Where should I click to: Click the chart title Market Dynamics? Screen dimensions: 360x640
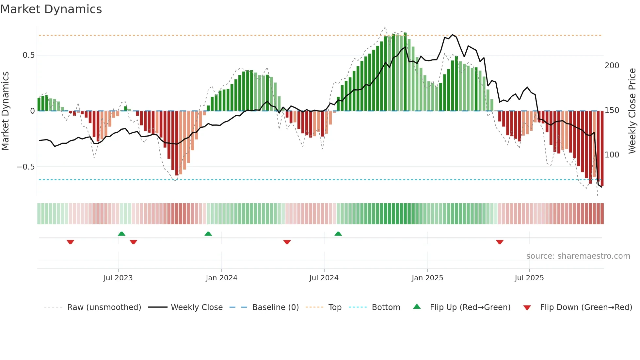click(x=51, y=9)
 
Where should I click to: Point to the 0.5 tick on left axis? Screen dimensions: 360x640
click(x=29, y=55)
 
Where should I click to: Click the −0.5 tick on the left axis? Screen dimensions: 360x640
click(x=26, y=167)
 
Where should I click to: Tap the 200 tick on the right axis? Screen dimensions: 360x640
click(x=612, y=66)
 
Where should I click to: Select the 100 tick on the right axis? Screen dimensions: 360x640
click(x=612, y=155)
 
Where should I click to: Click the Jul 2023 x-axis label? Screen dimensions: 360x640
click(x=118, y=278)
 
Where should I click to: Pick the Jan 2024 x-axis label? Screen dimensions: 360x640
click(x=221, y=278)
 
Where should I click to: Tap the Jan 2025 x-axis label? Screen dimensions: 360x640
click(x=427, y=278)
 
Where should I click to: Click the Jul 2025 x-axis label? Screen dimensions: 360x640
click(x=529, y=278)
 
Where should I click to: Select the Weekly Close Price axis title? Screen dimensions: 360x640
click(x=632, y=111)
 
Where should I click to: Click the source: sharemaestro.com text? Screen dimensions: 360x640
click(x=578, y=256)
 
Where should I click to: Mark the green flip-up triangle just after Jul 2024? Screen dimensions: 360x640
click(x=338, y=234)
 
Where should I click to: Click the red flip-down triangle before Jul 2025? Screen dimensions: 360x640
click(x=499, y=242)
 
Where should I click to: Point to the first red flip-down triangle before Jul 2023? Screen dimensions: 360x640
click(x=70, y=242)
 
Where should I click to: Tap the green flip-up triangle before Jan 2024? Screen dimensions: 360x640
click(x=208, y=234)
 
